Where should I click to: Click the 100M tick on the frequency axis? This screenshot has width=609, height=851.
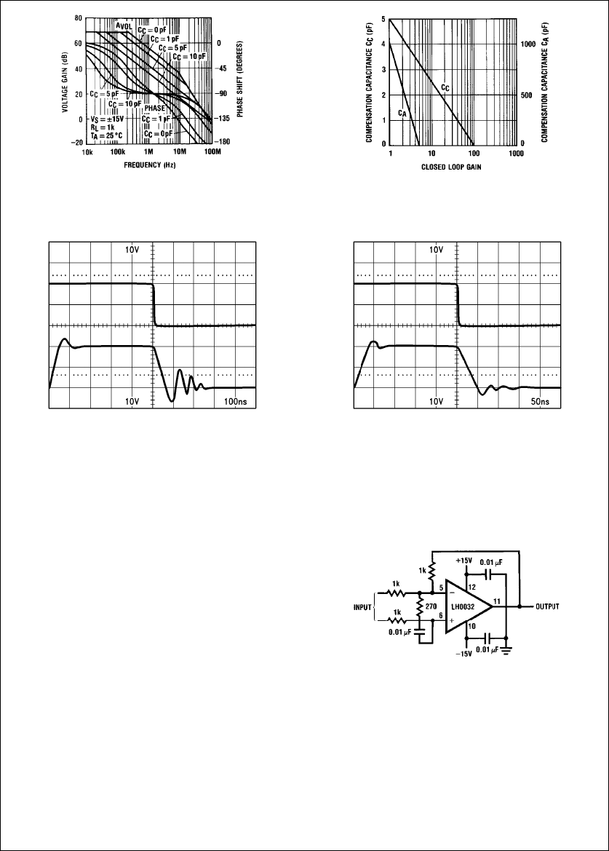tap(212, 154)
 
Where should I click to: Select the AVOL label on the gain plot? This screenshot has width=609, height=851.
tap(124, 25)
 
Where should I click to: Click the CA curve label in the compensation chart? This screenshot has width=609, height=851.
tap(402, 114)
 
